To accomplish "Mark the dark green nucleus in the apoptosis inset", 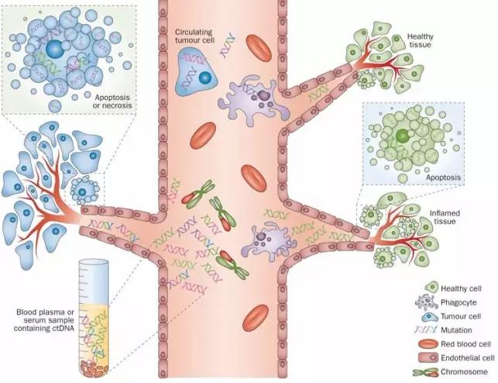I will pos(401,136).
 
